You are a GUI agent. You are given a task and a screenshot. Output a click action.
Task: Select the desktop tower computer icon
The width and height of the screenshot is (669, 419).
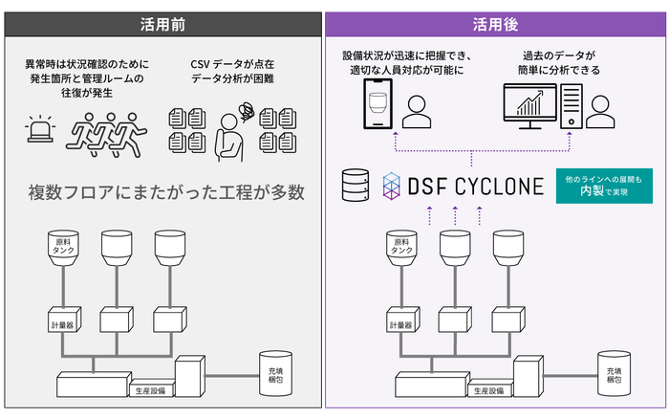click(x=571, y=106)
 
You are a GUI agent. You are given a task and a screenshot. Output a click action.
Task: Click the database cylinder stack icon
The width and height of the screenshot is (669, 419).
click(x=355, y=184)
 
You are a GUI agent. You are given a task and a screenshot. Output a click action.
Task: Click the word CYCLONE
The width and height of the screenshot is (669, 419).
click(x=500, y=185)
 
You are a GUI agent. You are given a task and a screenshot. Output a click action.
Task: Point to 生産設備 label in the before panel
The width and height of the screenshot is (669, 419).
click(x=150, y=391)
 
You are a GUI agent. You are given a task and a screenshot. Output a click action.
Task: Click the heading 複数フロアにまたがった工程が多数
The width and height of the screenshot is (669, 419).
click(x=166, y=192)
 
